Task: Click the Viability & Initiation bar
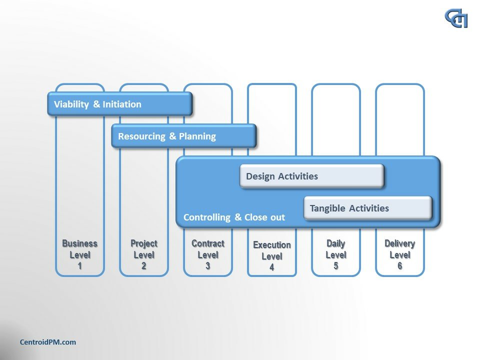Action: (x=120, y=104)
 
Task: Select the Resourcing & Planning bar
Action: (x=183, y=136)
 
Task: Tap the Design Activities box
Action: (x=311, y=176)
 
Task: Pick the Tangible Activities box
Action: (x=367, y=208)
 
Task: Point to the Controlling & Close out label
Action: (x=234, y=217)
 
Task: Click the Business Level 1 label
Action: (x=79, y=254)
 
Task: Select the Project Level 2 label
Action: (x=143, y=254)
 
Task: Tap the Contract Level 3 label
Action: (x=207, y=254)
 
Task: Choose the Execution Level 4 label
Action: (x=271, y=256)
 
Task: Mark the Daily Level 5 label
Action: (x=335, y=254)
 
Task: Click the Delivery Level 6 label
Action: (x=399, y=254)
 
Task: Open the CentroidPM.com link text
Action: (x=47, y=342)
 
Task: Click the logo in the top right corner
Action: (x=456, y=18)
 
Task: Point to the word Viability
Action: (x=71, y=104)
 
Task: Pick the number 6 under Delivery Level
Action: (x=399, y=266)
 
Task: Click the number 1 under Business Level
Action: (x=79, y=266)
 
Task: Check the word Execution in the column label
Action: (x=271, y=245)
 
